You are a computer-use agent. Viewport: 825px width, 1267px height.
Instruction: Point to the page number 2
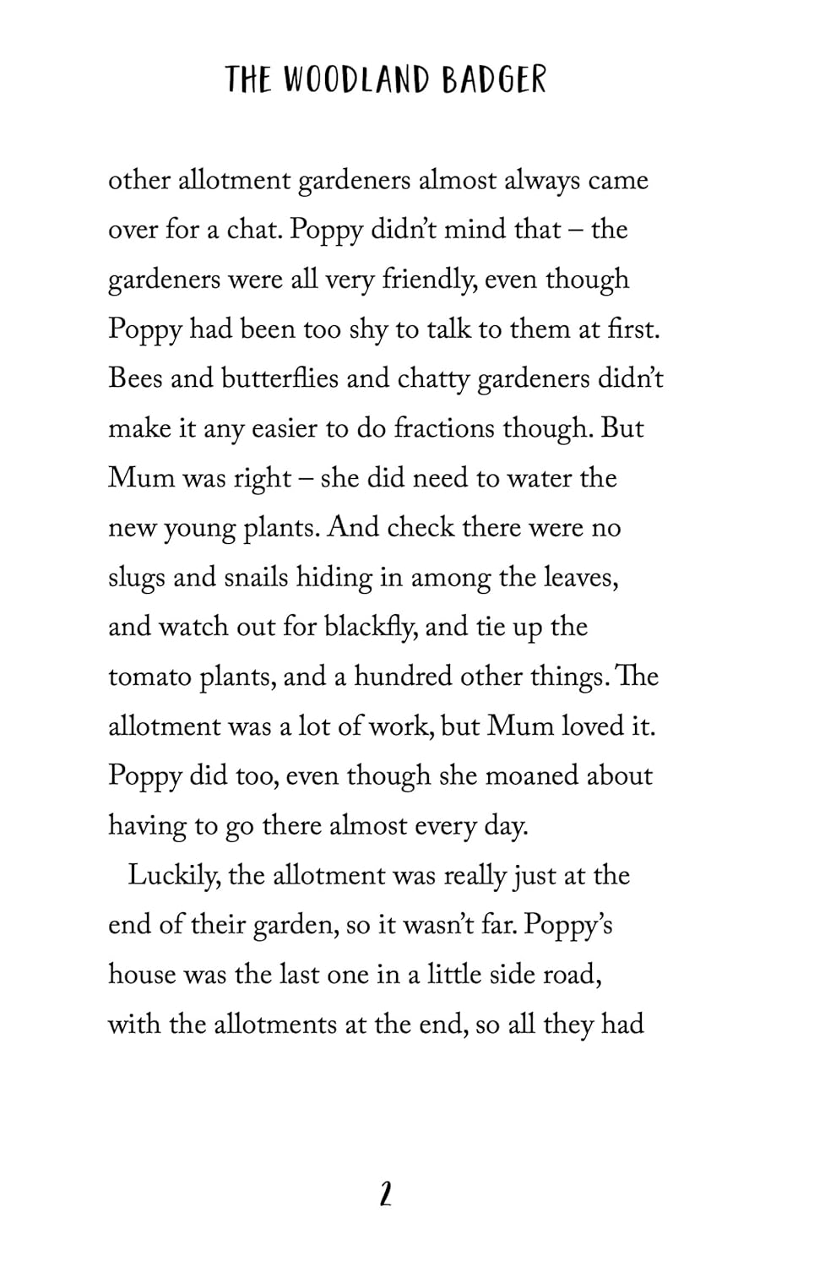[x=385, y=1194]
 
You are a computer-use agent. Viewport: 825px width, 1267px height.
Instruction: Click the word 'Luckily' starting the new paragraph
[x=174, y=876]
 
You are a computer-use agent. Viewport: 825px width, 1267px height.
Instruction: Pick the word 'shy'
[x=367, y=329]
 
